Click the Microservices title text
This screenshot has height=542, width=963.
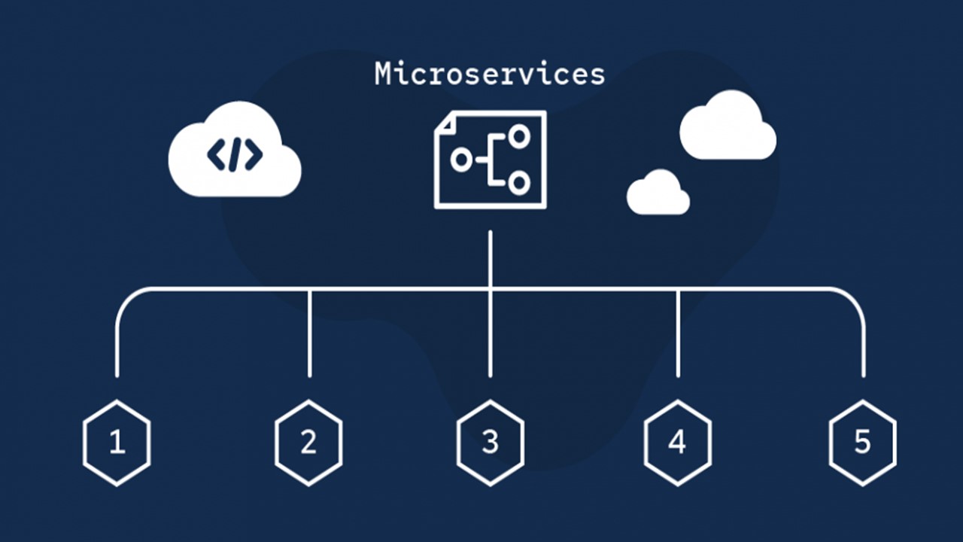490,74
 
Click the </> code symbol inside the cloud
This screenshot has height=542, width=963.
235,154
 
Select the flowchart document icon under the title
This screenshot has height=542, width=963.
490,160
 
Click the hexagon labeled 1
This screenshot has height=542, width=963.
117,443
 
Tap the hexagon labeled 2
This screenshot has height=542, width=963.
308,443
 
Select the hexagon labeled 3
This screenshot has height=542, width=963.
490,443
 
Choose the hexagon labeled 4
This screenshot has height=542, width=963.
677,443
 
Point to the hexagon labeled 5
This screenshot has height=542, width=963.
862,443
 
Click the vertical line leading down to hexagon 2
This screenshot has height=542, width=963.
309,335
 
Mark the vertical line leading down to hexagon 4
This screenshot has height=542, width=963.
678,335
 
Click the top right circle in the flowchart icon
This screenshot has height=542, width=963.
519,136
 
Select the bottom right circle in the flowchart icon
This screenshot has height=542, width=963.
519,183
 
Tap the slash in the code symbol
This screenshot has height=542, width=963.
235,154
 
